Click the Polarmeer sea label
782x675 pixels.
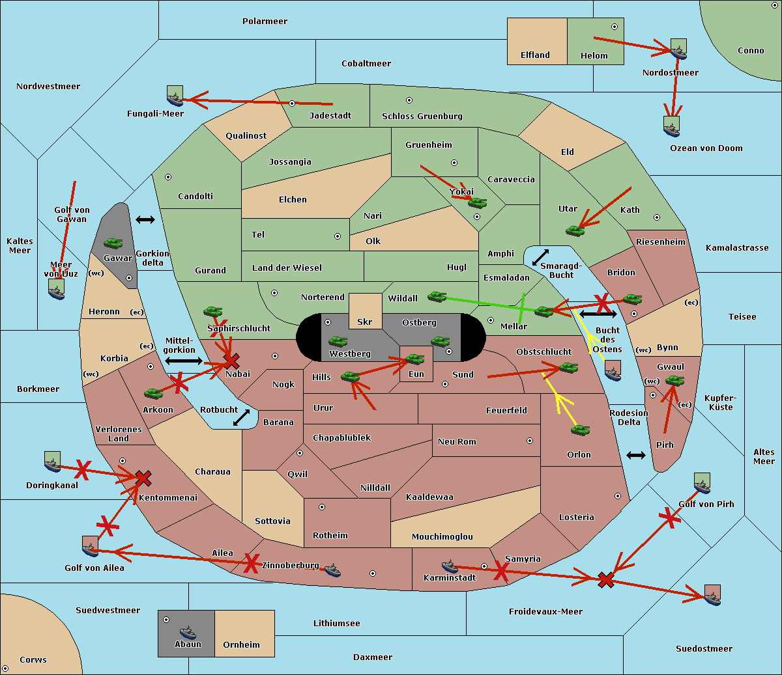(265, 21)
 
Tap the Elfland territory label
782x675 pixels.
(535, 55)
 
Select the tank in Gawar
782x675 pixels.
(113, 243)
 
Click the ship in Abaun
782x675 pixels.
(188, 632)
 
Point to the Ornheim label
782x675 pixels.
(241, 645)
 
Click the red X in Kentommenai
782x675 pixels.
(143, 478)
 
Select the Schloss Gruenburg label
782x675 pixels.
(422, 117)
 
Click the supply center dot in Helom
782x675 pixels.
(614, 27)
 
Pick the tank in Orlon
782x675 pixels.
(580, 430)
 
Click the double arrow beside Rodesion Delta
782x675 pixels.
(636, 455)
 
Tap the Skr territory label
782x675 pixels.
(364, 322)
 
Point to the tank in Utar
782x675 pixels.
(575, 230)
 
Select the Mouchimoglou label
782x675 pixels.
(442, 537)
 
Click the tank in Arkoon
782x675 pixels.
(153, 393)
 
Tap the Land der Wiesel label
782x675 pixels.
(287, 268)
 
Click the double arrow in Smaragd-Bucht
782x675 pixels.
(541, 257)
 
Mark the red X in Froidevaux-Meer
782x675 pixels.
(606, 579)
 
